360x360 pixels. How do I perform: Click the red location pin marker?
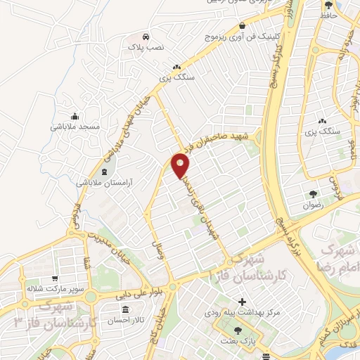pos(181,165)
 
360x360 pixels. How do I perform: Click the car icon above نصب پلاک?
pos(146,35)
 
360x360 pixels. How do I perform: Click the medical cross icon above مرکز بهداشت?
pos(241,300)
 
